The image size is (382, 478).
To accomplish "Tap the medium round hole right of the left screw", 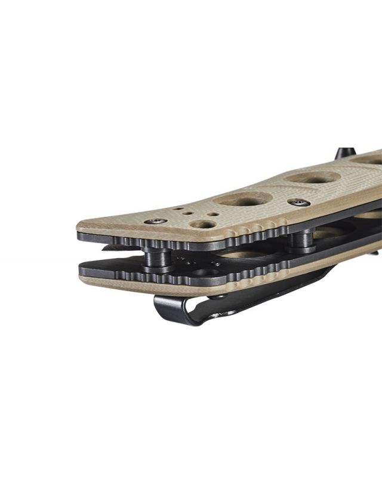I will click(x=205, y=224).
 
